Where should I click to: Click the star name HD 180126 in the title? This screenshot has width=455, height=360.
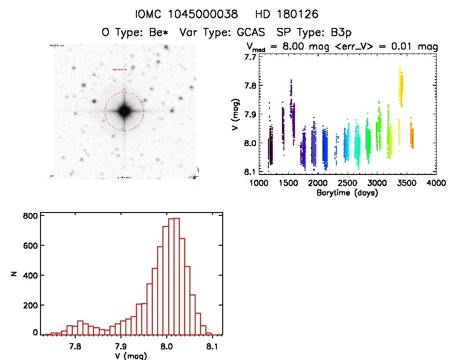pos(288,14)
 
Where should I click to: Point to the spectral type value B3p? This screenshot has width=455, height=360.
pos(338,33)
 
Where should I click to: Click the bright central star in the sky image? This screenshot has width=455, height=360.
pos(124,111)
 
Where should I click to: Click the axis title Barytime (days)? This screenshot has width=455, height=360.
pos(347,193)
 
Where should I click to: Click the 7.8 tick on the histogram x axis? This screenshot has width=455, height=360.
pos(75,346)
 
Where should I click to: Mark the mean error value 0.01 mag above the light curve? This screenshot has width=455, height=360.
pos(415,47)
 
